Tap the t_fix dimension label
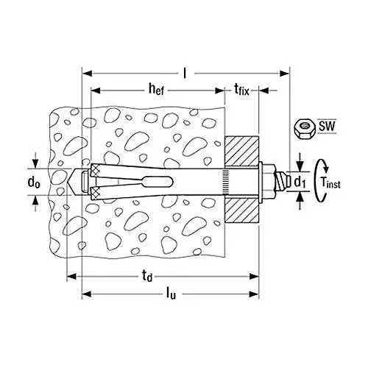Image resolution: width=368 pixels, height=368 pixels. point(240,91)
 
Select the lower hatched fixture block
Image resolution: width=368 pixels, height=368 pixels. point(240,209)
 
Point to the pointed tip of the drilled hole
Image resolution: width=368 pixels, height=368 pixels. point(71,181)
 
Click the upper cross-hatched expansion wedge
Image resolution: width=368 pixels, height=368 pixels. point(94,170)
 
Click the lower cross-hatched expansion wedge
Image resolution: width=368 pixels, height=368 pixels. point(94,192)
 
